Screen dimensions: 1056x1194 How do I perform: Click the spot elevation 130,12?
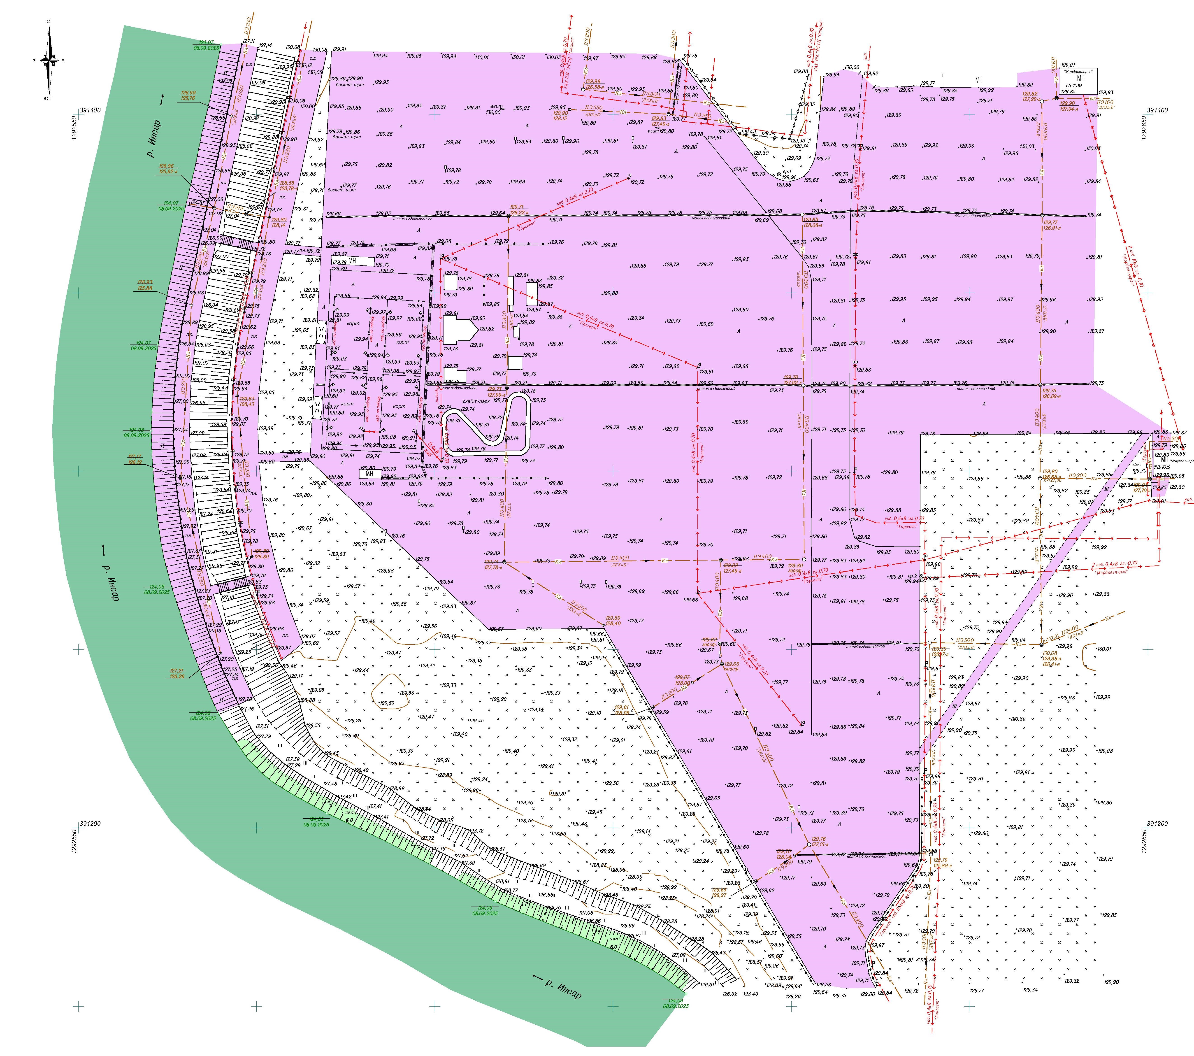(306, 65)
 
